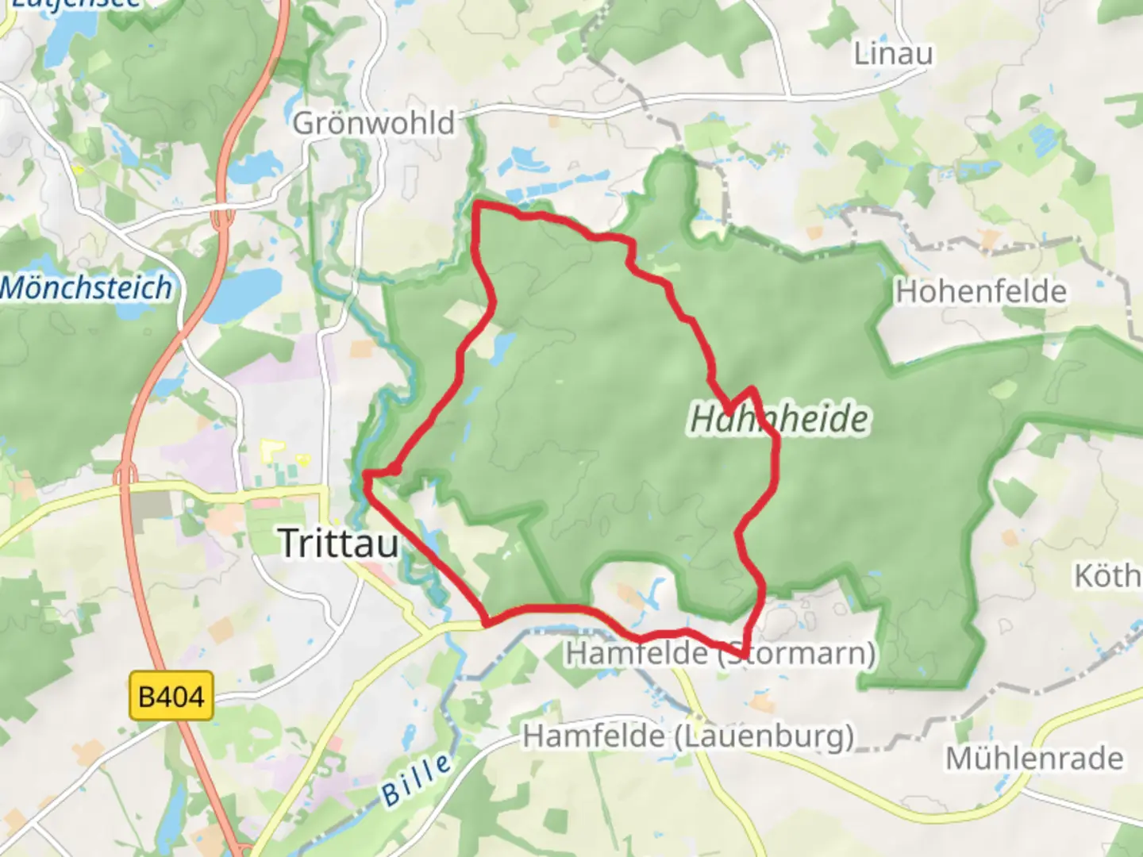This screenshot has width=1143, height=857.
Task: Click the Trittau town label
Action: pyautogui.click(x=339, y=544)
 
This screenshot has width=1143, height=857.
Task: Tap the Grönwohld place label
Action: pyautogui.click(x=374, y=123)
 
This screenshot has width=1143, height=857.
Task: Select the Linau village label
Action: pyautogui.click(x=893, y=54)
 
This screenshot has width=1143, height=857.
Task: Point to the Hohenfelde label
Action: pyautogui.click(x=981, y=292)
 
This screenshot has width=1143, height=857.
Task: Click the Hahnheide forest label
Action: pyautogui.click(x=779, y=419)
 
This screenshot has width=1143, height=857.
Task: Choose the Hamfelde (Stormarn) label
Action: pyautogui.click(x=721, y=653)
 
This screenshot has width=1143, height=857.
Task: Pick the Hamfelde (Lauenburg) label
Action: pyautogui.click(x=688, y=736)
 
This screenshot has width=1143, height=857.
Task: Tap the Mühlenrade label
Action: pyautogui.click(x=1034, y=759)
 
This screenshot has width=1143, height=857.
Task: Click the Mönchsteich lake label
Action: pyautogui.click(x=86, y=287)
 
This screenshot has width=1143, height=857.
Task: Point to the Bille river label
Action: pyautogui.click(x=416, y=779)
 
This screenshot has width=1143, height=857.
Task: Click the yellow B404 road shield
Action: pyautogui.click(x=171, y=697)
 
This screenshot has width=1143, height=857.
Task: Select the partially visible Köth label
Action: pyautogui.click(x=1107, y=575)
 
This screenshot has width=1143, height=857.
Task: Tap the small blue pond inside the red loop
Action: pyautogui.click(x=502, y=347)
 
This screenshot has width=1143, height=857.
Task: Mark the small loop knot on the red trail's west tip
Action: pyautogui.click(x=394, y=470)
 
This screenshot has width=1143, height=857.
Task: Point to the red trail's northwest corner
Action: pyautogui.click(x=477, y=207)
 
